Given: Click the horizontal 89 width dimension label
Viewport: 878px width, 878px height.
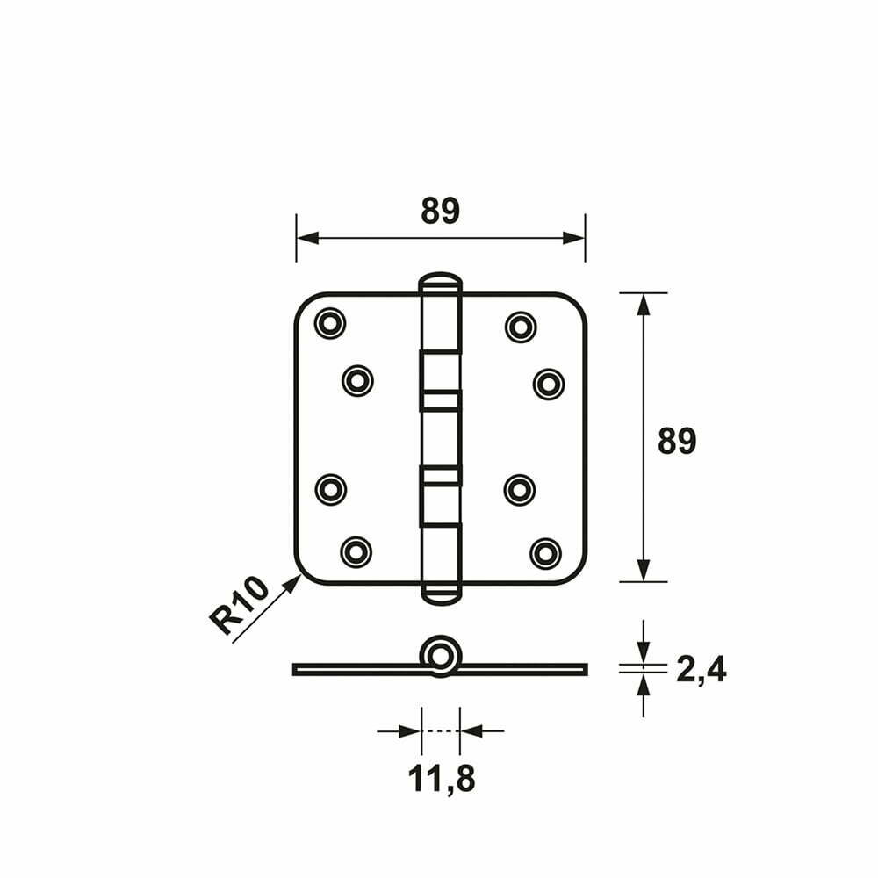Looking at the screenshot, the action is point(440,211).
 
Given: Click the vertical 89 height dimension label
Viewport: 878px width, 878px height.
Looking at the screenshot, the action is point(677,441).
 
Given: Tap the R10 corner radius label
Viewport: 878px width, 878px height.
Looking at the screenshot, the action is point(239,606).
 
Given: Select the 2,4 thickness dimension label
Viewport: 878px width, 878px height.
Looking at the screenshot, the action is point(701,669).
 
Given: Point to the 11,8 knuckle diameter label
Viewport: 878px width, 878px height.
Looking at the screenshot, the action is point(442,778).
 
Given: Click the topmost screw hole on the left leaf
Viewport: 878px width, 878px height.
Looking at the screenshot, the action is point(330,323).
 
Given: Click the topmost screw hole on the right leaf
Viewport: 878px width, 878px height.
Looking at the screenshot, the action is point(521,327).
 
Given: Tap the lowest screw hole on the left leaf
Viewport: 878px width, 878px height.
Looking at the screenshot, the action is point(356,552).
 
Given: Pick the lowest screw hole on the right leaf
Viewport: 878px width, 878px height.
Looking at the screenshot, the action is point(545,553).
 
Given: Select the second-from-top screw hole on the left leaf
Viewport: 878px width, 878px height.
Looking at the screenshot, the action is point(357,381).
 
